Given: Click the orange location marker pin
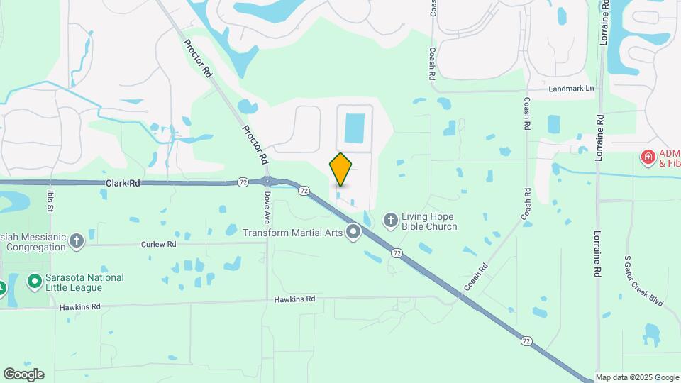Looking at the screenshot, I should [341, 169].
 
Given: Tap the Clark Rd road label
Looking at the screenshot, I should [123, 183].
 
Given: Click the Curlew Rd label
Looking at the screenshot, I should [158, 244].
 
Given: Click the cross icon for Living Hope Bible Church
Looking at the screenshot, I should [391, 221].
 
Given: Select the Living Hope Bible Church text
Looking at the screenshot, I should [429, 221].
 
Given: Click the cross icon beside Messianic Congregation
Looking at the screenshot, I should [77, 241].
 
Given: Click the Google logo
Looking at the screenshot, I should [23, 374].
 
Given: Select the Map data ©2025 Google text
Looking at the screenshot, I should [637, 377].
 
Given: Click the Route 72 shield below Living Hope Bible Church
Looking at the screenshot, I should [397, 253].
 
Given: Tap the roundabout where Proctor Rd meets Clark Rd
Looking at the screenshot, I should [270, 182].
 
